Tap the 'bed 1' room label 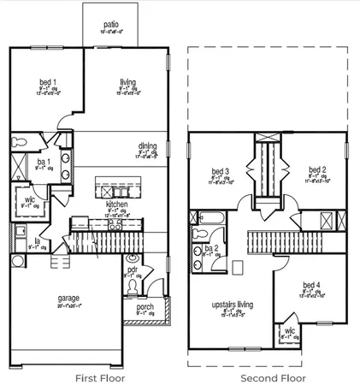coord(47,82)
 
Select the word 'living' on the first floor coord(125,82)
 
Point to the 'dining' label coord(148,145)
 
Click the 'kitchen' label coord(117,205)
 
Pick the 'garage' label coord(68,299)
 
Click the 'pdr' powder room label coord(133,269)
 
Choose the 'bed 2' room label coord(316,169)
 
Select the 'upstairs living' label coord(229,304)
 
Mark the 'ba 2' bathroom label coord(209,248)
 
